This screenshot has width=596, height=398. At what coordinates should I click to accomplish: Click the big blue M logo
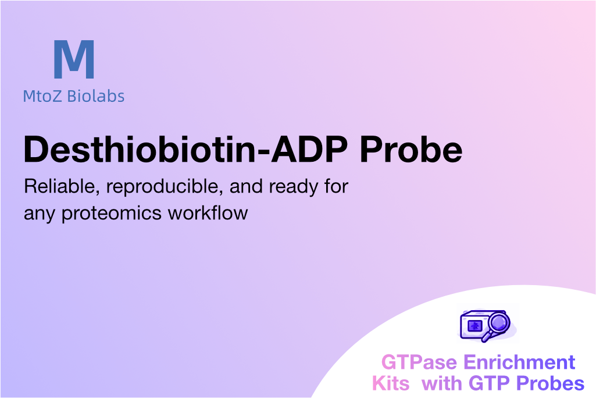[74, 59]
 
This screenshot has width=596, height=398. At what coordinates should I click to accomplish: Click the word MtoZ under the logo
[42, 96]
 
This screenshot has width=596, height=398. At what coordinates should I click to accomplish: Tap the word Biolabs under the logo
[96, 96]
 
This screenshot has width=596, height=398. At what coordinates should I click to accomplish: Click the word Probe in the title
[411, 149]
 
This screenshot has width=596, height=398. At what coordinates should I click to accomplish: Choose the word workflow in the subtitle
[208, 213]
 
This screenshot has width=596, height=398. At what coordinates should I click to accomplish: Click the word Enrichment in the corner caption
[519, 363]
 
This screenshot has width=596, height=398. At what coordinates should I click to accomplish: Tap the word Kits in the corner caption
[391, 383]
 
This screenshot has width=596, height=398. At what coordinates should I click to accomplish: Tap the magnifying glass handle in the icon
[487, 336]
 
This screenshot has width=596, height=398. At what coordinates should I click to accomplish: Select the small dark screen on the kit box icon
[474, 326]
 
